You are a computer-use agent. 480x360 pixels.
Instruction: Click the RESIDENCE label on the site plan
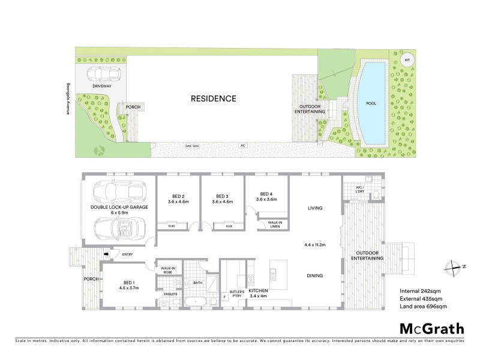[x=214, y=98]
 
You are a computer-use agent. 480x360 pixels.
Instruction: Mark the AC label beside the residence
[x=243, y=145]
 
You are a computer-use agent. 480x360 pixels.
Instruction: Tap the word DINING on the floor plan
[x=315, y=276]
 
